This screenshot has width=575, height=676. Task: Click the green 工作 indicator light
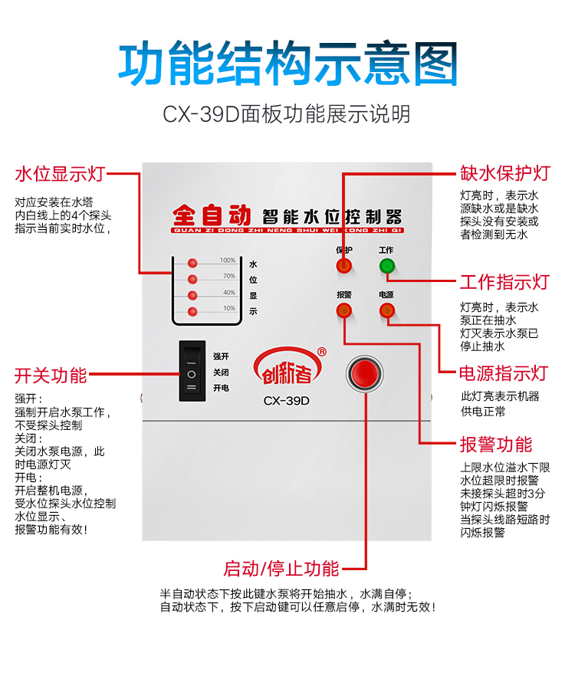pyautogui.click(x=386, y=266)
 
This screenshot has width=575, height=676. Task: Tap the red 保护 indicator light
pyautogui.click(x=343, y=266)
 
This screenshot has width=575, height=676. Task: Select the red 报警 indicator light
pyautogui.click(x=343, y=310)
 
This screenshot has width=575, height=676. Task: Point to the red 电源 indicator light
pyautogui.click(x=386, y=310)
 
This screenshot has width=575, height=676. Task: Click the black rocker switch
pyautogui.click(x=192, y=371)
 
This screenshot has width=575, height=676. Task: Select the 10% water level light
pyautogui.click(x=192, y=310)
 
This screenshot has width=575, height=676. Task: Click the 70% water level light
pyautogui.click(x=192, y=279)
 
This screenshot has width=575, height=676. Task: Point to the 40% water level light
pyautogui.click(x=192, y=295)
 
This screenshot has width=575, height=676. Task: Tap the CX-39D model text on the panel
pyautogui.click(x=286, y=400)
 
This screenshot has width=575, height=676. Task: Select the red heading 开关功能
pyautogui.click(x=51, y=376)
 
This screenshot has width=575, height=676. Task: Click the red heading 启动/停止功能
pyautogui.click(x=281, y=569)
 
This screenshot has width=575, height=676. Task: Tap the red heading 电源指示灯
pyautogui.click(x=504, y=373)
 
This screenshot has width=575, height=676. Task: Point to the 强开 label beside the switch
pyautogui.click(x=221, y=356)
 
